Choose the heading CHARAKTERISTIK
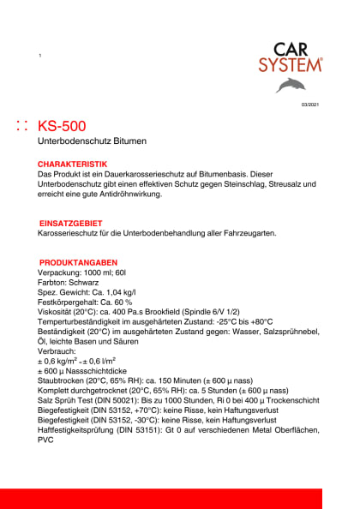[73, 164]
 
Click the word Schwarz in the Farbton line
[86, 282]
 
